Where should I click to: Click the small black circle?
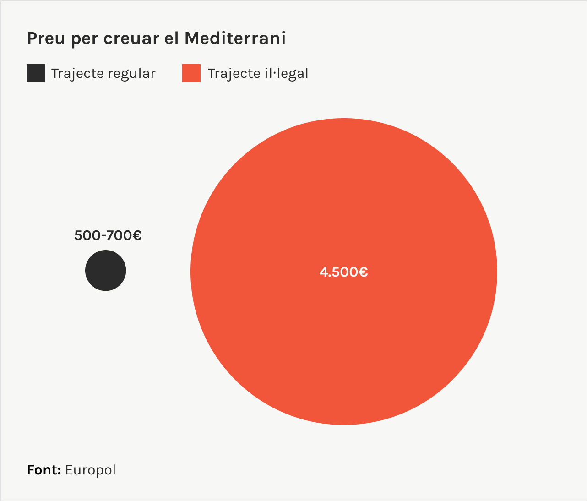click(105, 270)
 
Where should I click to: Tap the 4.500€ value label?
click(343, 272)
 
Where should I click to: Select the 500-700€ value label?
click(108, 235)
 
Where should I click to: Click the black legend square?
click(36, 73)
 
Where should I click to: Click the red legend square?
click(191, 73)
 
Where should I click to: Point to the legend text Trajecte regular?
click(103, 74)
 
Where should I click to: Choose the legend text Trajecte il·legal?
click(258, 74)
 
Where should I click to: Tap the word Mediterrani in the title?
click(235, 38)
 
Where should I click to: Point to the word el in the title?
click(171, 38)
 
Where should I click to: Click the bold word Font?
click(44, 470)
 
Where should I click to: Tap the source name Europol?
click(91, 470)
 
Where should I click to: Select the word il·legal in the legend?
click(287, 74)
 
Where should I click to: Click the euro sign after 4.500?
click(363, 272)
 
